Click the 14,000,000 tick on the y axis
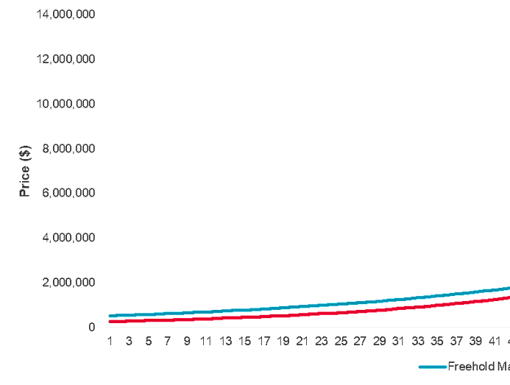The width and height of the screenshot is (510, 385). pos(65,14)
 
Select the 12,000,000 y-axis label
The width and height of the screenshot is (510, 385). pos(65,59)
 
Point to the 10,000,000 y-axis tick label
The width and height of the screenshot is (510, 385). pos(65,104)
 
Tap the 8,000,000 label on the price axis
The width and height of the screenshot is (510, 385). pos(68,149)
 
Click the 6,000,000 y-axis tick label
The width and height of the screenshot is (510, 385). pos(68,193)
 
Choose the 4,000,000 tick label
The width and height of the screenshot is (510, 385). pos(68,238)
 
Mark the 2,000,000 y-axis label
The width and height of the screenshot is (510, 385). pos(68,283)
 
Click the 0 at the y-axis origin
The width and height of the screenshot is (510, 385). pos(91,327)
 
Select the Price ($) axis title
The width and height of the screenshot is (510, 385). pos(25,171)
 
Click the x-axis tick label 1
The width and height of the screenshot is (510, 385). pos(110,342)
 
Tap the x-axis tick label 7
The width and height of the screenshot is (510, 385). pos(168,342)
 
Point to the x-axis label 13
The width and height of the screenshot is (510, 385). pos(225,342)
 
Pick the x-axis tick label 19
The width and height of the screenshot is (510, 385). pos(283,342)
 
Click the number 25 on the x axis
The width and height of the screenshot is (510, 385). pos(341,342)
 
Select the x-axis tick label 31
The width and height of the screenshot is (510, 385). pos(398,342)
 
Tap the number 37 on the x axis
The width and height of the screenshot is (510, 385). pos(456,342)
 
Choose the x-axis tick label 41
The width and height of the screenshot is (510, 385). pos(495,342)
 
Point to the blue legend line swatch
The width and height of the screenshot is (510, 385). pos(433,367)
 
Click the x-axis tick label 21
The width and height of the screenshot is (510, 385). pos(302,342)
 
